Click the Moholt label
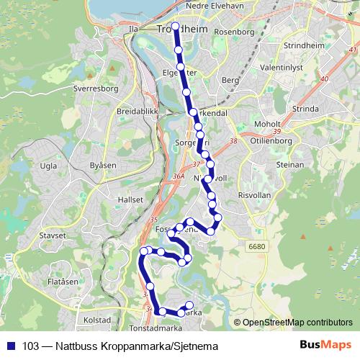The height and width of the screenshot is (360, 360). pos(267,124)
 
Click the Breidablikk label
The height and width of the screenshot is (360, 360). pos(133,112)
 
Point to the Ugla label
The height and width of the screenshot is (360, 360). pos(49,166)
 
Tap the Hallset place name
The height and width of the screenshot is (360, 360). pos(131,199)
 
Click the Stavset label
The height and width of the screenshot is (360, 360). pos(53,234)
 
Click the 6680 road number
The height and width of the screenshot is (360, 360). pos(257,246)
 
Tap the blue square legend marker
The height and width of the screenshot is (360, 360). pos(10,346)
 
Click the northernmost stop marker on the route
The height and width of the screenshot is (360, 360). pos(176,27)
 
